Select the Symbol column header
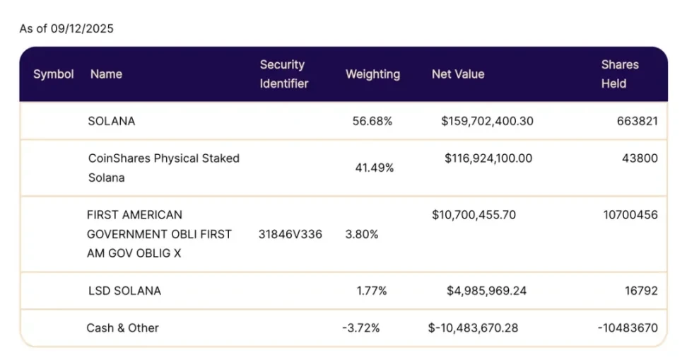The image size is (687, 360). (54, 74)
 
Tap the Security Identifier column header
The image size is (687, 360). (283, 74)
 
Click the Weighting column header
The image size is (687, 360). (372, 74)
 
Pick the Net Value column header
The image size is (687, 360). (458, 74)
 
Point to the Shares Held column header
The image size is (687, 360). (619, 74)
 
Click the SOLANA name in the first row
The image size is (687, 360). (112, 121)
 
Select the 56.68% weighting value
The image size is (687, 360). (372, 121)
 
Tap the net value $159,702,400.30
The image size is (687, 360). (487, 121)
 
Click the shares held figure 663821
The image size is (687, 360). (637, 121)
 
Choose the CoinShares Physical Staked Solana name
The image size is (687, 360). (163, 168)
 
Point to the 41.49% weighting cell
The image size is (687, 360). (374, 168)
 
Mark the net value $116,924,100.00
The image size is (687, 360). (488, 158)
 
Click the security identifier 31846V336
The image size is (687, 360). (290, 234)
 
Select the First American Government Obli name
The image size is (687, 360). (159, 233)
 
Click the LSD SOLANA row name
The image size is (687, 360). (124, 291)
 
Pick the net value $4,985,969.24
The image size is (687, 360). (486, 291)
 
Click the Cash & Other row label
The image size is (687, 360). (122, 328)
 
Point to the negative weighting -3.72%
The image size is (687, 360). (360, 328)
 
